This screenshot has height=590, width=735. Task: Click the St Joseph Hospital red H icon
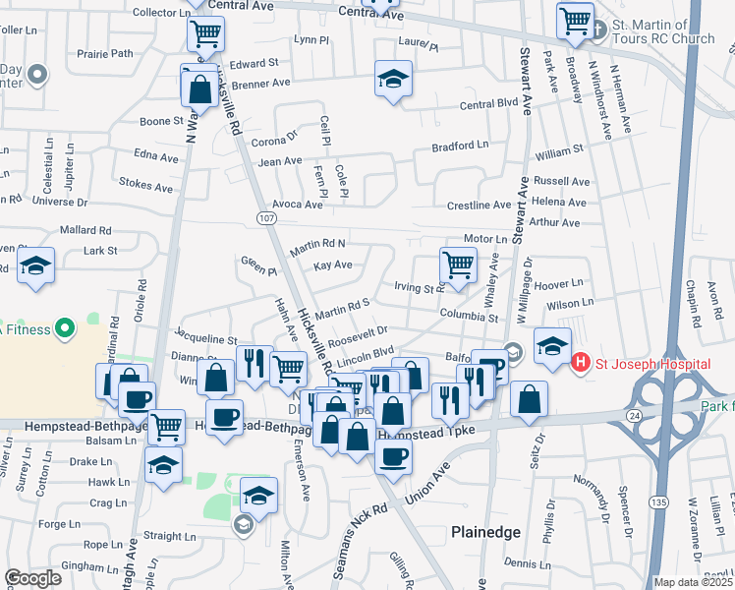581,364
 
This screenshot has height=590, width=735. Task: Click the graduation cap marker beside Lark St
36,265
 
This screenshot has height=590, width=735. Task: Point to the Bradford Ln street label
461,146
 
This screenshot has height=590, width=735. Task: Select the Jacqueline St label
205,339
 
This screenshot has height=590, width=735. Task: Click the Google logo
32,578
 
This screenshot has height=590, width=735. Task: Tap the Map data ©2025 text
692,582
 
